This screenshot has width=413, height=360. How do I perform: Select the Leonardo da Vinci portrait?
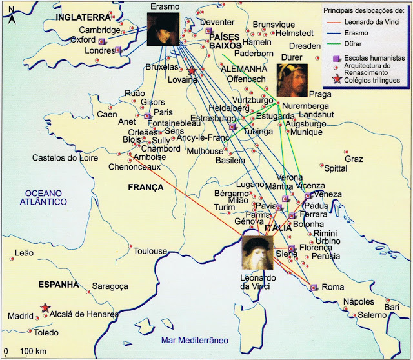tap(258, 254)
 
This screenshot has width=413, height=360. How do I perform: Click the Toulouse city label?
tap(150, 251)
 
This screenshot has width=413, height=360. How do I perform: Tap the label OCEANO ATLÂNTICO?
tap(43, 197)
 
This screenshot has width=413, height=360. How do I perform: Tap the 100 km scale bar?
tap(22, 351)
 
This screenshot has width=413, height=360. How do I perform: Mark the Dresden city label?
tap(305, 46)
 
